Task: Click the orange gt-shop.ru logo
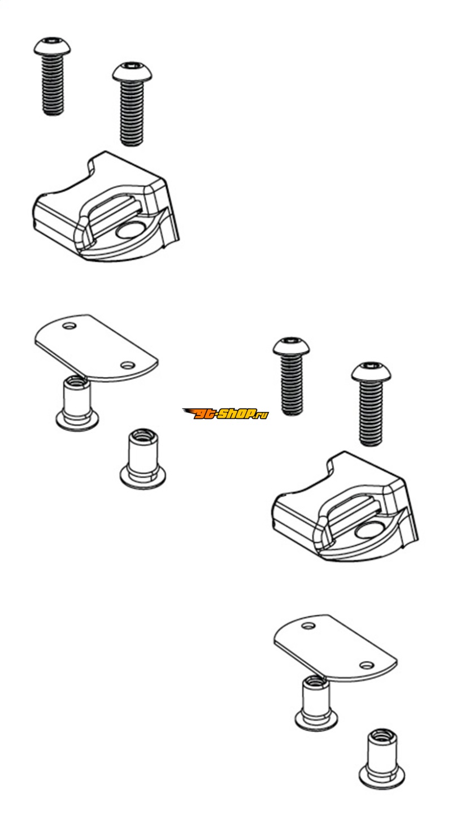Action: pyautogui.click(x=225, y=414)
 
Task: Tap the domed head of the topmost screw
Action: pyautogui.click(x=52, y=46)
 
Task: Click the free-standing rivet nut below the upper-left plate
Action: pyautogui.click(x=142, y=459)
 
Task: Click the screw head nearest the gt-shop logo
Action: pyautogui.click(x=291, y=346)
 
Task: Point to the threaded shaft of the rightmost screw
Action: pyautogui.click(x=371, y=413)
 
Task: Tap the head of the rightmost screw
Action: pyautogui.click(x=370, y=371)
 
